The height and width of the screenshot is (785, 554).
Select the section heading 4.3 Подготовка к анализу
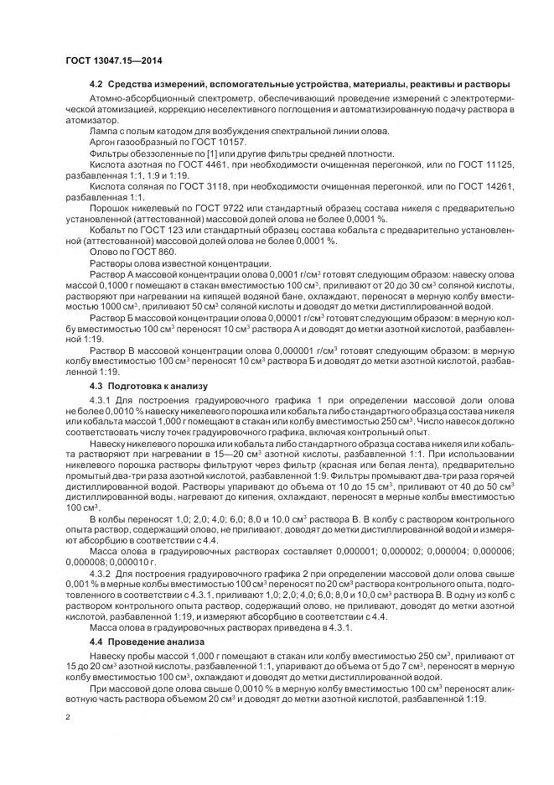tap(141, 386)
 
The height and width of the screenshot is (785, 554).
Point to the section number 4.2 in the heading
tap(95, 85)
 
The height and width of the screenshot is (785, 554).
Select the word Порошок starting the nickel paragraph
tap(108, 212)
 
